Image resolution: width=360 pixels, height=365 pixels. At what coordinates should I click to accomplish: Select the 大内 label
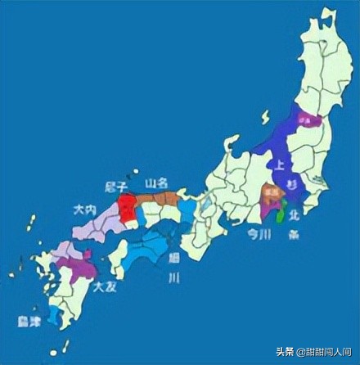pos(85,210)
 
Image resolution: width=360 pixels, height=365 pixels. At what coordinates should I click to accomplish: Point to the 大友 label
pos(104,287)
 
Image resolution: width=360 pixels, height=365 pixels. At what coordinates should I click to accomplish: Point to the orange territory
pos(268,194)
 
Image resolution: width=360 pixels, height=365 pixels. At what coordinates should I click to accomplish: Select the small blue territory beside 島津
pos(54,315)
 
